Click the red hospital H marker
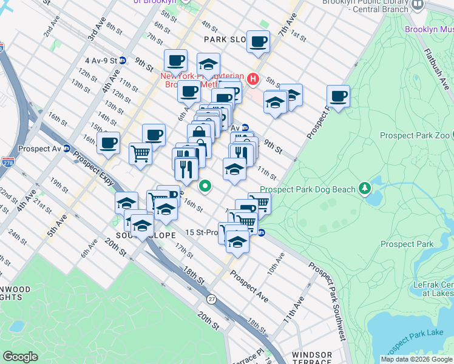253,79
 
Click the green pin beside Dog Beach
364,189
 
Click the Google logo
20,356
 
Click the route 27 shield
211,300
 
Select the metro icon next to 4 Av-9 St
122,61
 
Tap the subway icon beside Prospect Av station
67,148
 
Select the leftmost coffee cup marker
109,144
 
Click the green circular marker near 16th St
206,186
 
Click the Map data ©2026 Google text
416,359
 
